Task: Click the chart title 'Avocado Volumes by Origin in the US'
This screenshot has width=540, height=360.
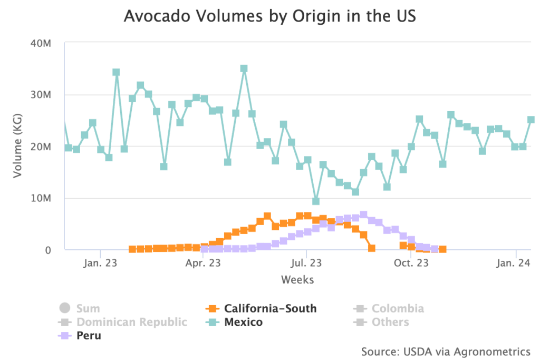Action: (270, 16)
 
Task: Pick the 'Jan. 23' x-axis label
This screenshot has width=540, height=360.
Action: (100, 262)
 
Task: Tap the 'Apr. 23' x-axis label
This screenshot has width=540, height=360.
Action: (203, 262)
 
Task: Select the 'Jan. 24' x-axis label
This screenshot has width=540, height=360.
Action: (514, 262)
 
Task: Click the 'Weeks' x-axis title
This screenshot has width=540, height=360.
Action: (297, 279)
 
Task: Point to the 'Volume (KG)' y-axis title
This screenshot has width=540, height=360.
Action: (18, 147)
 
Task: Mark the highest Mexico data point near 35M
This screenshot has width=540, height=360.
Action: (244, 69)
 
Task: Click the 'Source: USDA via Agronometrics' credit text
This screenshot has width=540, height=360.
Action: (446, 351)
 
